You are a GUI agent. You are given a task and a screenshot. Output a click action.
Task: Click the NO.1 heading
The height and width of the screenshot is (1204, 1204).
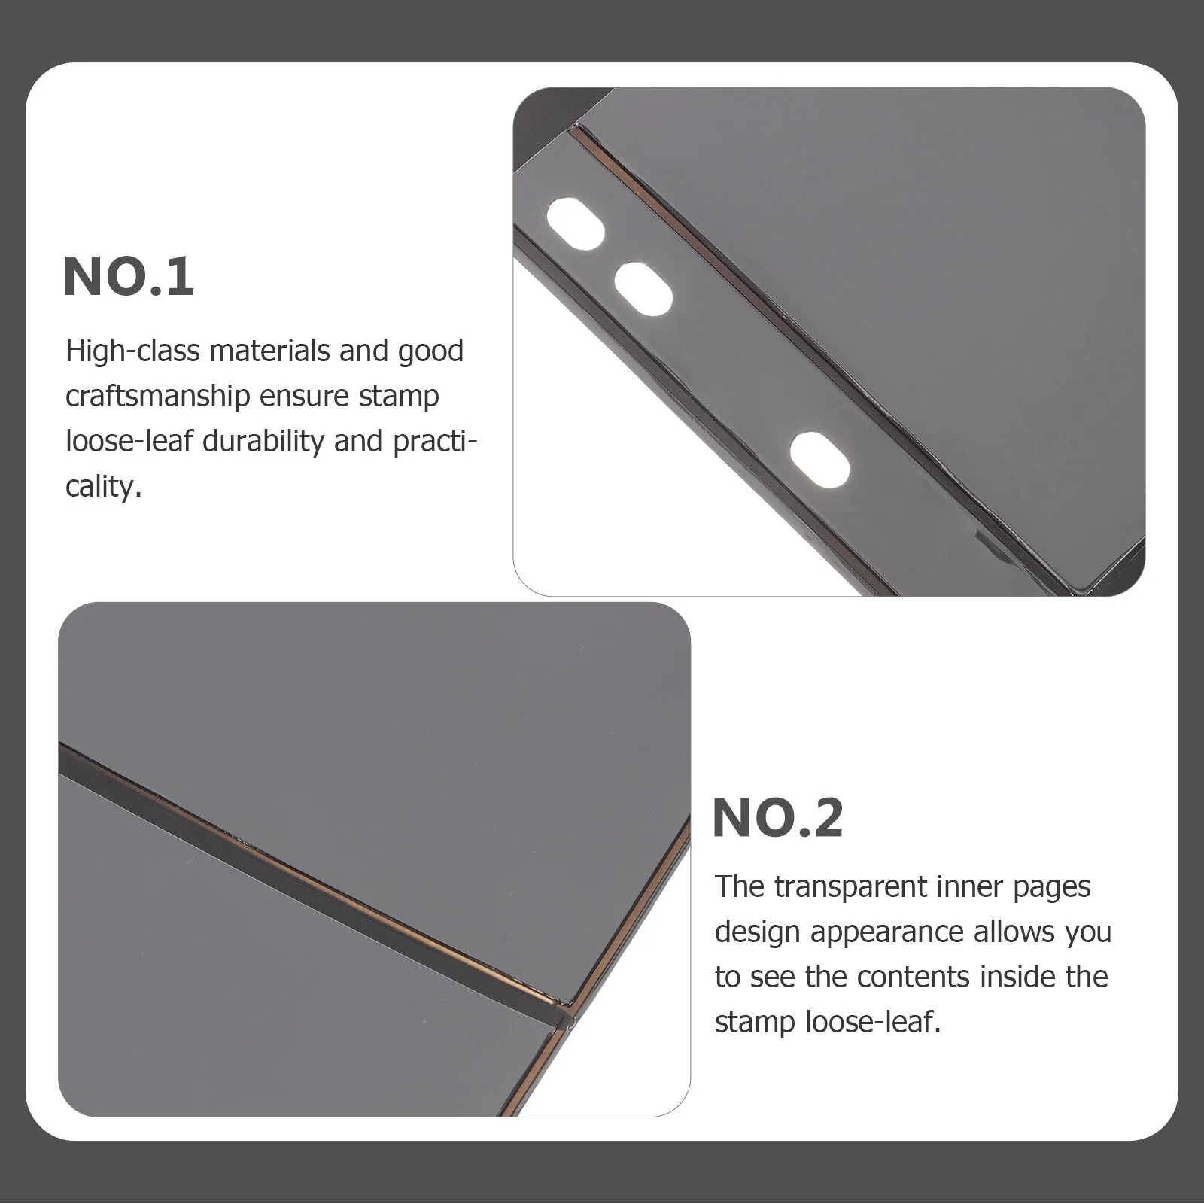129,276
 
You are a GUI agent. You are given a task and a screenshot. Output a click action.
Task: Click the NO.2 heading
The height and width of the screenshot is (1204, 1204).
777,818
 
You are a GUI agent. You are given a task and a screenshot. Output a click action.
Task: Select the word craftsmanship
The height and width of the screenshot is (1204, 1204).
157,397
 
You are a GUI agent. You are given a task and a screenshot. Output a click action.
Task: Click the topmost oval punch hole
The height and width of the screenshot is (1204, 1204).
575,224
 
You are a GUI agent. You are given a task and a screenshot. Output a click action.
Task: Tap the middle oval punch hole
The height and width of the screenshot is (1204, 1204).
643,288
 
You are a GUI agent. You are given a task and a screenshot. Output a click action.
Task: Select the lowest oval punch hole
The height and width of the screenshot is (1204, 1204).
819,457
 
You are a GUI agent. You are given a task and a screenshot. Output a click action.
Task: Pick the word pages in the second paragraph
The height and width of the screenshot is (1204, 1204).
1051,889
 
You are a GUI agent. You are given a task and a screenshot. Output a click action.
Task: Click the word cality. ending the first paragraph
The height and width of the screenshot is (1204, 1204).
103,487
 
